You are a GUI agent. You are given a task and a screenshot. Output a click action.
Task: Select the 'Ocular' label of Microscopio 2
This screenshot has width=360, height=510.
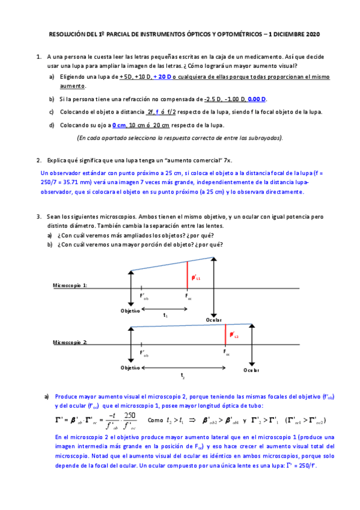click(252, 370)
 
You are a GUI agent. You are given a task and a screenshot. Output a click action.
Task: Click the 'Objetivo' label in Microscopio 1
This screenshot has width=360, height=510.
click(130, 310)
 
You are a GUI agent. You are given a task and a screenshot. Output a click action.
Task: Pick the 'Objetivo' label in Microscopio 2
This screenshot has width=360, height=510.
click(129, 367)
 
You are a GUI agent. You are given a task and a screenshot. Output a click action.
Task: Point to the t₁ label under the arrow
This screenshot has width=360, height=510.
click(165, 315)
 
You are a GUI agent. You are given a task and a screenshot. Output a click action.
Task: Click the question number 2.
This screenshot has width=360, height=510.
click(38, 161)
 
